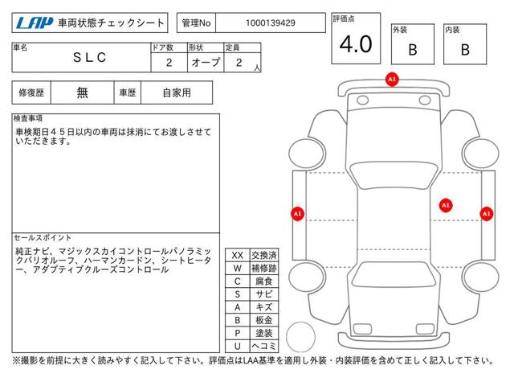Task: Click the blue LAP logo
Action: (x=35, y=23)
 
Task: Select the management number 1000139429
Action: (x=271, y=23)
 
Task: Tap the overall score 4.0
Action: (x=356, y=44)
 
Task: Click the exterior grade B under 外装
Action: (x=413, y=50)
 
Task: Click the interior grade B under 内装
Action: (x=465, y=50)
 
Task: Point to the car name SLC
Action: (x=89, y=57)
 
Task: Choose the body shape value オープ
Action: (x=206, y=62)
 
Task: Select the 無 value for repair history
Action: (x=82, y=92)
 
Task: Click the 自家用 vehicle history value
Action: (x=177, y=93)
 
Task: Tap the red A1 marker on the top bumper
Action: (x=392, y=80)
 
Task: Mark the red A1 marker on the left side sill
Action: (x=297, y=214)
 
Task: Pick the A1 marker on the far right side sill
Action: (x=487, y=214)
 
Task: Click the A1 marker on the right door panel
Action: (x=446, y=206)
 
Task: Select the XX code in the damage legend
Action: (x=238, y=255)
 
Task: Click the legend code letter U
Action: (x=238, y=346)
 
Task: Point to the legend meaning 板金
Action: (x=264, y=320)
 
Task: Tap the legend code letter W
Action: (x=238, y=268)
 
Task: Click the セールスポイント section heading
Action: (x=43, y=237)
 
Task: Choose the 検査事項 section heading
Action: (x=28, y=118)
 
